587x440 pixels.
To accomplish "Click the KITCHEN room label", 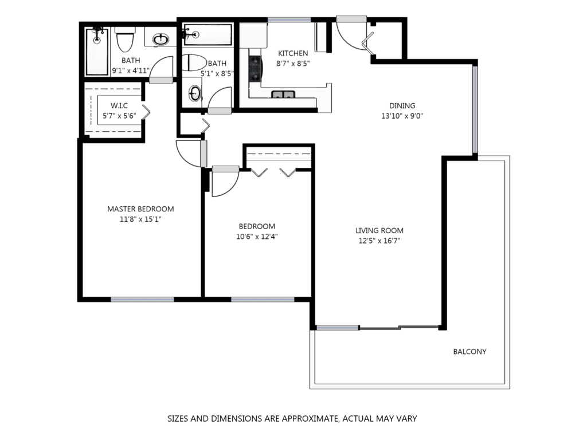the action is (x=293, y=53).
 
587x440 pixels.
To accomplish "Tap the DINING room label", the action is (x=402, y=106).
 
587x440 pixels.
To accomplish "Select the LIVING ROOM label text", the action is (x=379, y=231).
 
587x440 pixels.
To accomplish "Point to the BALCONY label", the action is (x=469, y=352).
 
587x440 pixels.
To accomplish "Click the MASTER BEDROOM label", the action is (x=140, y=209).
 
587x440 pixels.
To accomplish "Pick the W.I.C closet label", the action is (x=119, y=106).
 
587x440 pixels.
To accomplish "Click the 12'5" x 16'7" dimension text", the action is (x=379, y=241).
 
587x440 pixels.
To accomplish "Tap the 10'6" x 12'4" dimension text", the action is (x=257, y=237).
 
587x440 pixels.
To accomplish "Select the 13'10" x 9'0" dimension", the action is (x=402, y=116).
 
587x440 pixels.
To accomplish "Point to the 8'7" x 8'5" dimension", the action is (x=293, y=64).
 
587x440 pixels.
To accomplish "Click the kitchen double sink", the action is (x=283, y=95).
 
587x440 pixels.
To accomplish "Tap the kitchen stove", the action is (x=255, y=69).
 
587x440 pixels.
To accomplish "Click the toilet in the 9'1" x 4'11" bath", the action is (x=124, y=40).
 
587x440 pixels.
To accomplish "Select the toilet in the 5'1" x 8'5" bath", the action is (x=194, y=62).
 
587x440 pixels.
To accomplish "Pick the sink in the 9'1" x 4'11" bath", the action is (x=161, y=39).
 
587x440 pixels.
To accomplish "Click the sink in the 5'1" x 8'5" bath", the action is (x=194, y=93).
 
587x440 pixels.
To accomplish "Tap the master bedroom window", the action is (x=142, y=299).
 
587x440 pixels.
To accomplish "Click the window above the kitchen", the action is (x=289, y=20).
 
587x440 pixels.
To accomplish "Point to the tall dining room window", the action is (x=475, y=110).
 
